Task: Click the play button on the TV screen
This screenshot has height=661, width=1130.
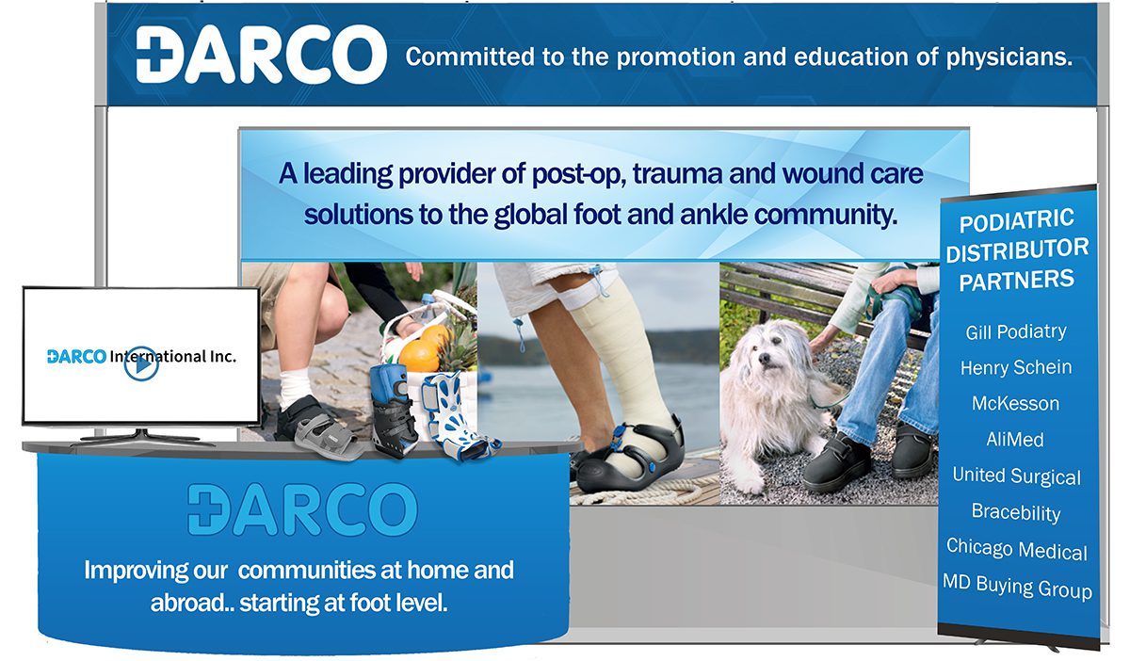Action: coord(141,363)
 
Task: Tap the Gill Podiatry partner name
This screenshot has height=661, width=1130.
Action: coord(1016,332)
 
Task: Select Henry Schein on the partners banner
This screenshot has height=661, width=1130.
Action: coord(1016,367)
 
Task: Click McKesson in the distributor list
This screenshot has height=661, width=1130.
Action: coord(1015,404)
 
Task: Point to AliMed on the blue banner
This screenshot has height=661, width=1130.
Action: coord(1015,440)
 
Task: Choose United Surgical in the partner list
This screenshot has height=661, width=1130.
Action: coord(1016,476)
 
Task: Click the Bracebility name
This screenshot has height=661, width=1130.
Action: coord(1016,512)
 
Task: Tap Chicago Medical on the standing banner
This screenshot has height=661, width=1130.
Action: coord(1016,549)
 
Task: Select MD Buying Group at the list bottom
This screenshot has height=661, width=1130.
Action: coord(1017,587)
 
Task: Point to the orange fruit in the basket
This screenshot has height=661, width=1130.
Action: coord(420,356)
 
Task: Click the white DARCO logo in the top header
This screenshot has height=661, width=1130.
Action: coord(262,55)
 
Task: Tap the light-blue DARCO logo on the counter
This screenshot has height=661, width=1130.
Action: coord(302,509)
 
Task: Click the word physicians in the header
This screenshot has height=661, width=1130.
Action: coord(1009,57)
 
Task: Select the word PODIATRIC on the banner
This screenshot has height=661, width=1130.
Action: coord(1016,221)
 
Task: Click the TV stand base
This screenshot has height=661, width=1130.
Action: coord(142,438)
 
